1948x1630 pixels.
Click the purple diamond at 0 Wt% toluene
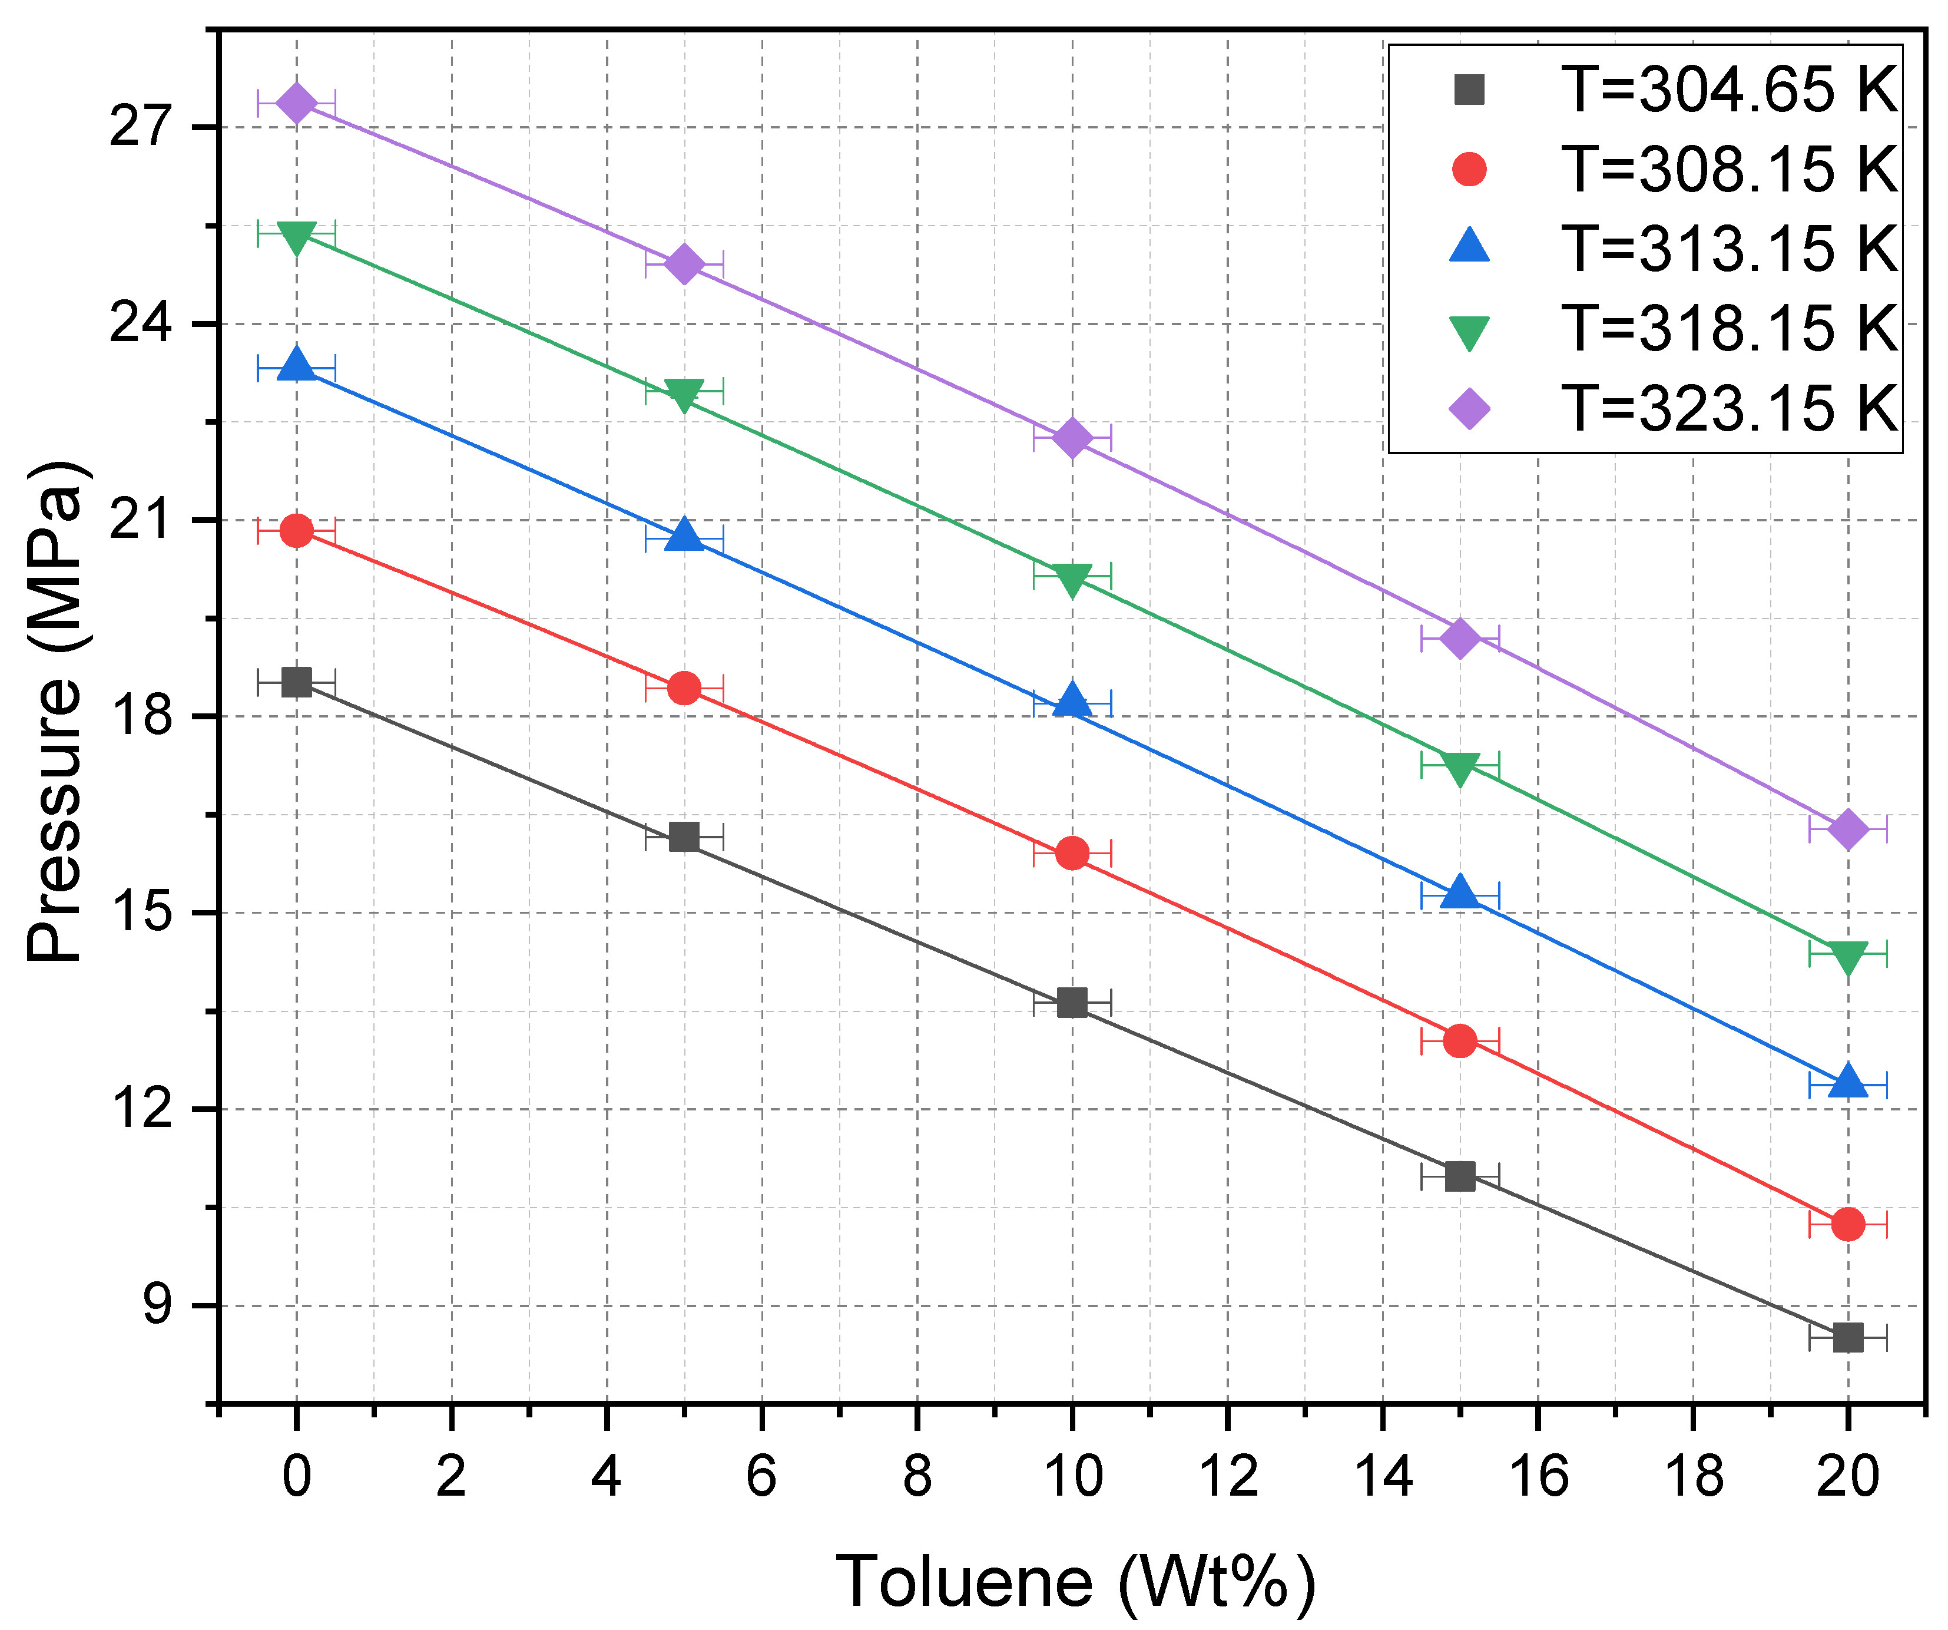(x=296, y=103)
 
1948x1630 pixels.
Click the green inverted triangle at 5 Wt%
(x=684, y=394)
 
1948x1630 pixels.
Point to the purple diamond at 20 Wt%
(x=1847, y=828)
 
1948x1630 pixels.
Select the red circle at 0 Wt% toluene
(x=296, y=531)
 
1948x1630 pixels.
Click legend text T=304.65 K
(x=1729, y=90)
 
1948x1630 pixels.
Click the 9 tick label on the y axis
(x=157, y=1305)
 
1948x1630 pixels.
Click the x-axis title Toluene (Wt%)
(x=1075, y=1581)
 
